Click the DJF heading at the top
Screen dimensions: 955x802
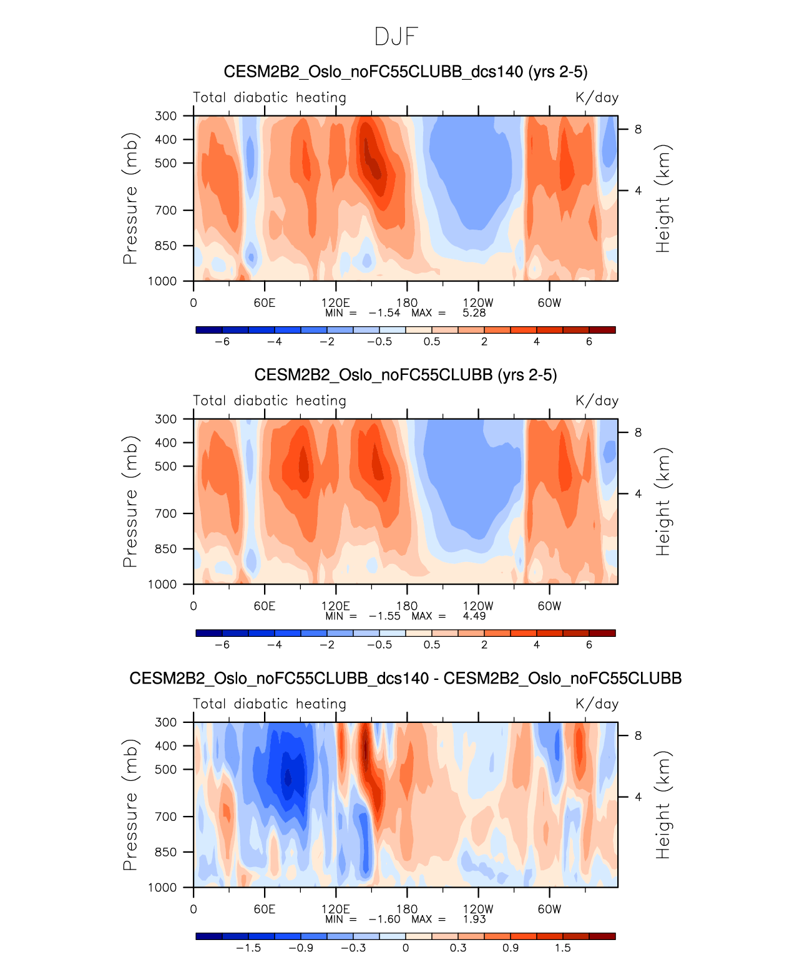(x=396, y=37)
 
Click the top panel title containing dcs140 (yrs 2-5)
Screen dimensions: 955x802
(x=405, y=72)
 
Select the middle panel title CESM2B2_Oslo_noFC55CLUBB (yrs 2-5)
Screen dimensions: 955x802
(x=405, y=375)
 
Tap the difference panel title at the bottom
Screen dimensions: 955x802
(x=405, y=678)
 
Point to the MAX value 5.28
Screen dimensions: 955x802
(x=474, y=313)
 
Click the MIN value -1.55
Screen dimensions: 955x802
(x=384, y=616)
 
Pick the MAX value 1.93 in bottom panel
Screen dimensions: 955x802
(x=474, y=919)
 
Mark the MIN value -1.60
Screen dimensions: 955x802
(x=384, y=919)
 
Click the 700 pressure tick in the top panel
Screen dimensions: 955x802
(x=166, y=210)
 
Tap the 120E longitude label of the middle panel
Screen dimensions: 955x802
(x=335, y=606)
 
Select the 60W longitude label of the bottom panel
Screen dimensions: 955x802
(x=549, y=909)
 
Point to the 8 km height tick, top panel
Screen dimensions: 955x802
(x=638, y=129)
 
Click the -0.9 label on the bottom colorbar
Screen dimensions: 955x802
(x=301, y=948)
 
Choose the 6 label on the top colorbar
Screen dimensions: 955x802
(x=589, y=341)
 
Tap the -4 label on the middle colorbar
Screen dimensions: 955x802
(x=275, y=644)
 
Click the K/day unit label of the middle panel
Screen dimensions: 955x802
(x=597, y=400)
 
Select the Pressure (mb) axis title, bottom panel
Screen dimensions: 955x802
(x=130, y=805)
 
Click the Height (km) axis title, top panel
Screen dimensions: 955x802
(x=663, y=198)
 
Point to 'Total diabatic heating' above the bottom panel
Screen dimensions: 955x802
(x=270, y=704)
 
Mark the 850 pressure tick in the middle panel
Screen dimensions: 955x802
(x=166, y=549)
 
